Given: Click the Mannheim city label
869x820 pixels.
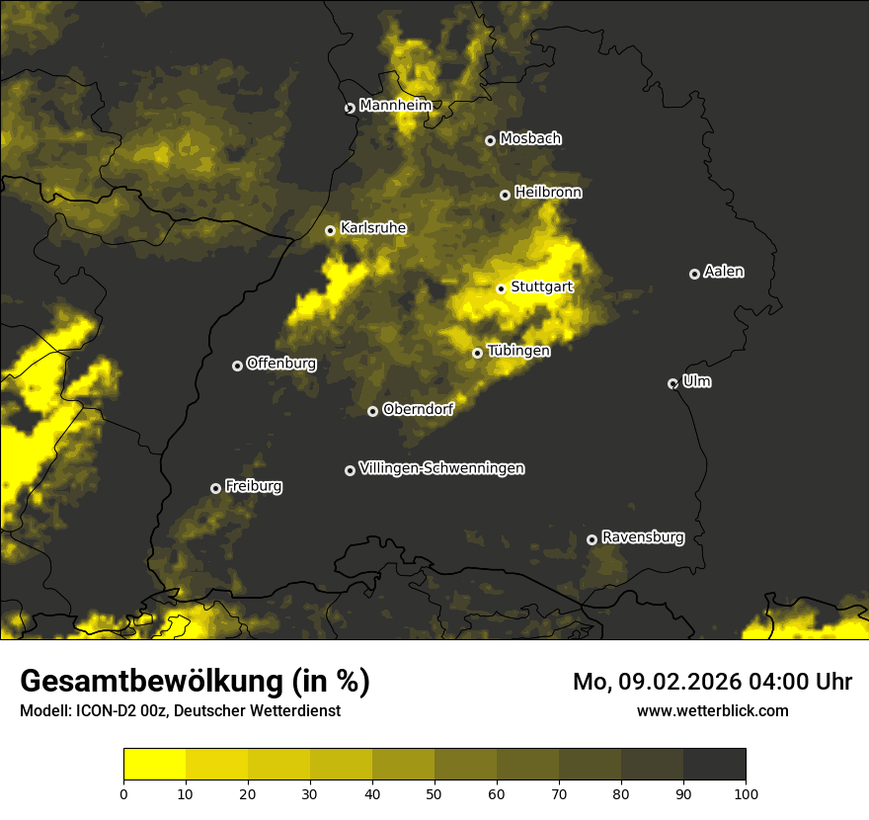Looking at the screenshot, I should pyautogui.click(x=396, y=105).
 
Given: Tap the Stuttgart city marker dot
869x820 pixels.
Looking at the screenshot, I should pyautogui.click(x=501, y=288).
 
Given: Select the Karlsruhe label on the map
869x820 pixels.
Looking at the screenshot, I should pyautogui.click(x=372, y=228).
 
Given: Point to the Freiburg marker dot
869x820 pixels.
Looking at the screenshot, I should pyautogui.click(x=215, y=488).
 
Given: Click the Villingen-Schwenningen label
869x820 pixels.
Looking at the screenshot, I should pyautogui.click(x=441, y=468).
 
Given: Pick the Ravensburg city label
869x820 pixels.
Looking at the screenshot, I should pyautogui.click(x=642, y=537).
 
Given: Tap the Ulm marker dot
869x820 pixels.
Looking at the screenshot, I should pyautogui.click(x=672, y=383).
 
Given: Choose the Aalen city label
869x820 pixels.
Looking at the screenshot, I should pyautogui.click(x=724, y=272).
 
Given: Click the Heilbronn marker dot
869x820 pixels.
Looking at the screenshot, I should pyautogui.click(x=505, y=195).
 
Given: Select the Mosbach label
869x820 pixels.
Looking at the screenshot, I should pyautogui.click(x=529, y=139).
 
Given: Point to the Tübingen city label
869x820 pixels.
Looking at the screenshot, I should pyautogui.click(x=518, y=351).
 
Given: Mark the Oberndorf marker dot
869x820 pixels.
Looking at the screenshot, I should pyautogui.click(x=372, y=411).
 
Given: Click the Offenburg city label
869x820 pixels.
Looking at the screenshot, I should pyautogui.click(x=281, y=364).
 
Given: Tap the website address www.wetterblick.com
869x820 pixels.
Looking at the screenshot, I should pyautogui.click(x=712, y=710).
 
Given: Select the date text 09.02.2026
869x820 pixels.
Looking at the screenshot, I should pyautogui.click(x=682, y=682).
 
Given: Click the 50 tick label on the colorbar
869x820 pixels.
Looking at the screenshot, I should pyautogui.click(x=434, y=792).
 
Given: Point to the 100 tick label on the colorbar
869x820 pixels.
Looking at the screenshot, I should pyautogui.click(x=745, y=792).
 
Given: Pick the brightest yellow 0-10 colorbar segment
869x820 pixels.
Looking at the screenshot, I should pyautogui.click(x=155, y=764).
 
